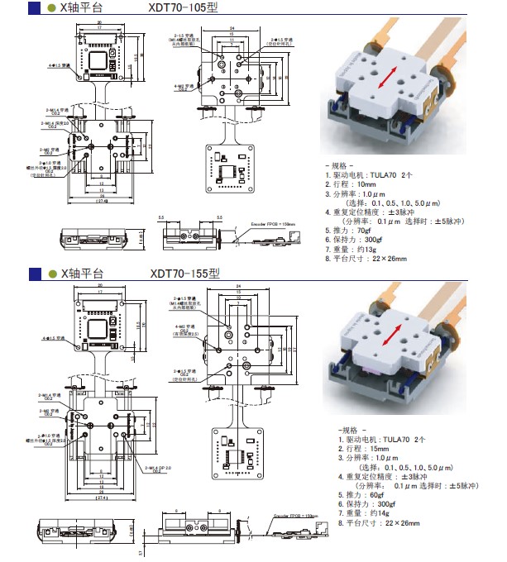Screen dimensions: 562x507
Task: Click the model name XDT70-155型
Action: [x=185, y=274]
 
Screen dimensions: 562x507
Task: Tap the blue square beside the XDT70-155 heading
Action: [x=35, y=274]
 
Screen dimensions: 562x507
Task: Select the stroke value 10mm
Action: [x=368, y=184]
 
